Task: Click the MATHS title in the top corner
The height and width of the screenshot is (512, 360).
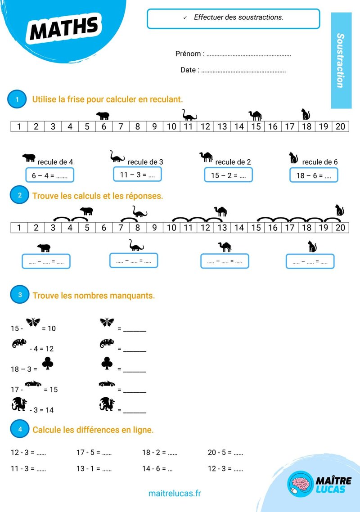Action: point(64,27)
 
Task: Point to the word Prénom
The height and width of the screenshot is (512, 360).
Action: point(188,54)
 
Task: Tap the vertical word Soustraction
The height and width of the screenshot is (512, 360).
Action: point(340,60)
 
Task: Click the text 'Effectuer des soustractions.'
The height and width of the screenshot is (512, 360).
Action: point(238,17)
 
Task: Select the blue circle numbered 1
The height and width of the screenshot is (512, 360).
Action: point(17,99)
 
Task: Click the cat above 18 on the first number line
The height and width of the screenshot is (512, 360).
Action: point(306,114)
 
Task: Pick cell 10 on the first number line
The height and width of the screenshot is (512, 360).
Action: point(171,126)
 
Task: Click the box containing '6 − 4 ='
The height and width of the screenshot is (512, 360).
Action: point(49,175)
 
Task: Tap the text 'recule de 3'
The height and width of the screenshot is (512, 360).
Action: point(145,162)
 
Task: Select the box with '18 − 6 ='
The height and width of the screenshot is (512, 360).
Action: point(314,175)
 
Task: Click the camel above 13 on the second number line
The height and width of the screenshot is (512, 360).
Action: point(221,211)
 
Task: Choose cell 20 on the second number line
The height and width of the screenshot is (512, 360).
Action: point(340,228)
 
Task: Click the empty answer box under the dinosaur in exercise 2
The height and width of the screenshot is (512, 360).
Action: point(134,260)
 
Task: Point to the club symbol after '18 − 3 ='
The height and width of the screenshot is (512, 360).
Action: point(48,363)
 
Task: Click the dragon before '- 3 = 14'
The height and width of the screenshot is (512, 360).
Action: point(19,404)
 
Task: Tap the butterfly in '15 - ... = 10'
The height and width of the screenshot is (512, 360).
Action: point(33,322)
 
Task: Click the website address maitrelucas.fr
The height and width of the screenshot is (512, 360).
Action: point(175,493)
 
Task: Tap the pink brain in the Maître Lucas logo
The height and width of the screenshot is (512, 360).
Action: point(301,483)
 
